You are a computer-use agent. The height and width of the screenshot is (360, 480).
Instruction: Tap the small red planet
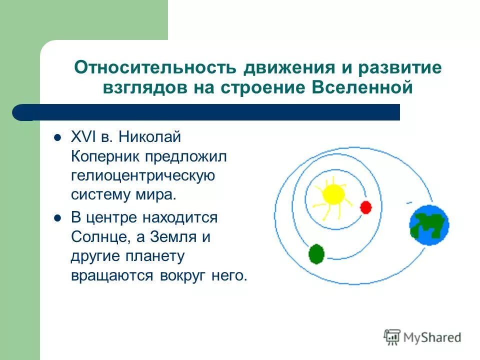pyautogui.click(x=365, y=207)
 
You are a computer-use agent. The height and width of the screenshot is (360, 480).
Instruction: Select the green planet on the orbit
pyautogui.click(x=316, y=254)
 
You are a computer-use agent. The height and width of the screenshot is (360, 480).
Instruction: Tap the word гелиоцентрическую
pyautogui.click(x=143, y=175)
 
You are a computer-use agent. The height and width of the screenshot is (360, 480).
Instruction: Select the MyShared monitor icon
pyautogui.click(x=392, y=336)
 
